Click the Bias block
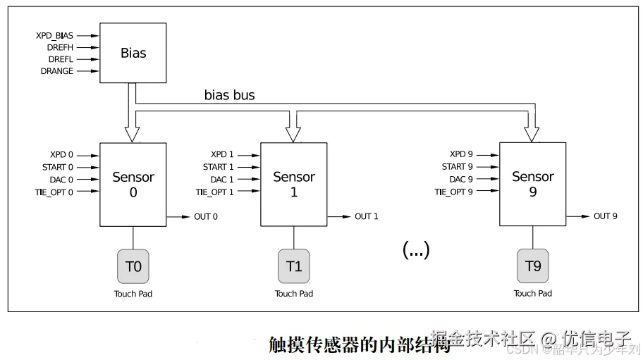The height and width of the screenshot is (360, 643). pyautogui.click(x=133, y=53)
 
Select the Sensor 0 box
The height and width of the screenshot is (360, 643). pyautogui.click(x=133, y=185)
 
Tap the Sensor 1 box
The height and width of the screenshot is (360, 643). pyautogui.click(x=294, y=185)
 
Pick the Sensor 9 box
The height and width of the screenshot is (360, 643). pyautogui.click(x=532, y=184)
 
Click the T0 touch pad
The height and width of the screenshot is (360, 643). pyautogui.click(x=133, y=266)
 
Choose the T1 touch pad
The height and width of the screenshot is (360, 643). pyautogui.click(x=294, y=266)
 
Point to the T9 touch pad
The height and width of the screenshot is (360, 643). pyautogui.click(x=532, y=266)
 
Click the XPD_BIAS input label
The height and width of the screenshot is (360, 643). pyautogui.click(x=54, y=35)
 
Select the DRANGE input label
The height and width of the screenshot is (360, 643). pyautogui.click(x=57, y=71)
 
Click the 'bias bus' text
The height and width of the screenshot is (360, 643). pyautogui.click(x=229, y=94)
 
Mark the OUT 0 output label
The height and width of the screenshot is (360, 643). pyautogui.click(x=206, y=216)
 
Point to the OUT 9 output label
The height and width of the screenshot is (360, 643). pyautogui.click(x=605, y=216)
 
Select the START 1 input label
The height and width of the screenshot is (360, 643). pyautogui.click(x=218, y=167)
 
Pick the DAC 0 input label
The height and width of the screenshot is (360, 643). pyautogui.click(x=61, y=180)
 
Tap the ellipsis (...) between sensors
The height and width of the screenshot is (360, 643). pyautogui.click(x=416, y=249)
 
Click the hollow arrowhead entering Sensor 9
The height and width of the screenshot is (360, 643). pyautogui.click(x=532, y=134)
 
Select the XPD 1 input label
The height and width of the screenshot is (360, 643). pyautogui.click(x=222, y=154)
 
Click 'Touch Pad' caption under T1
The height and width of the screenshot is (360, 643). pyautogui.click(x=294, y=294)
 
